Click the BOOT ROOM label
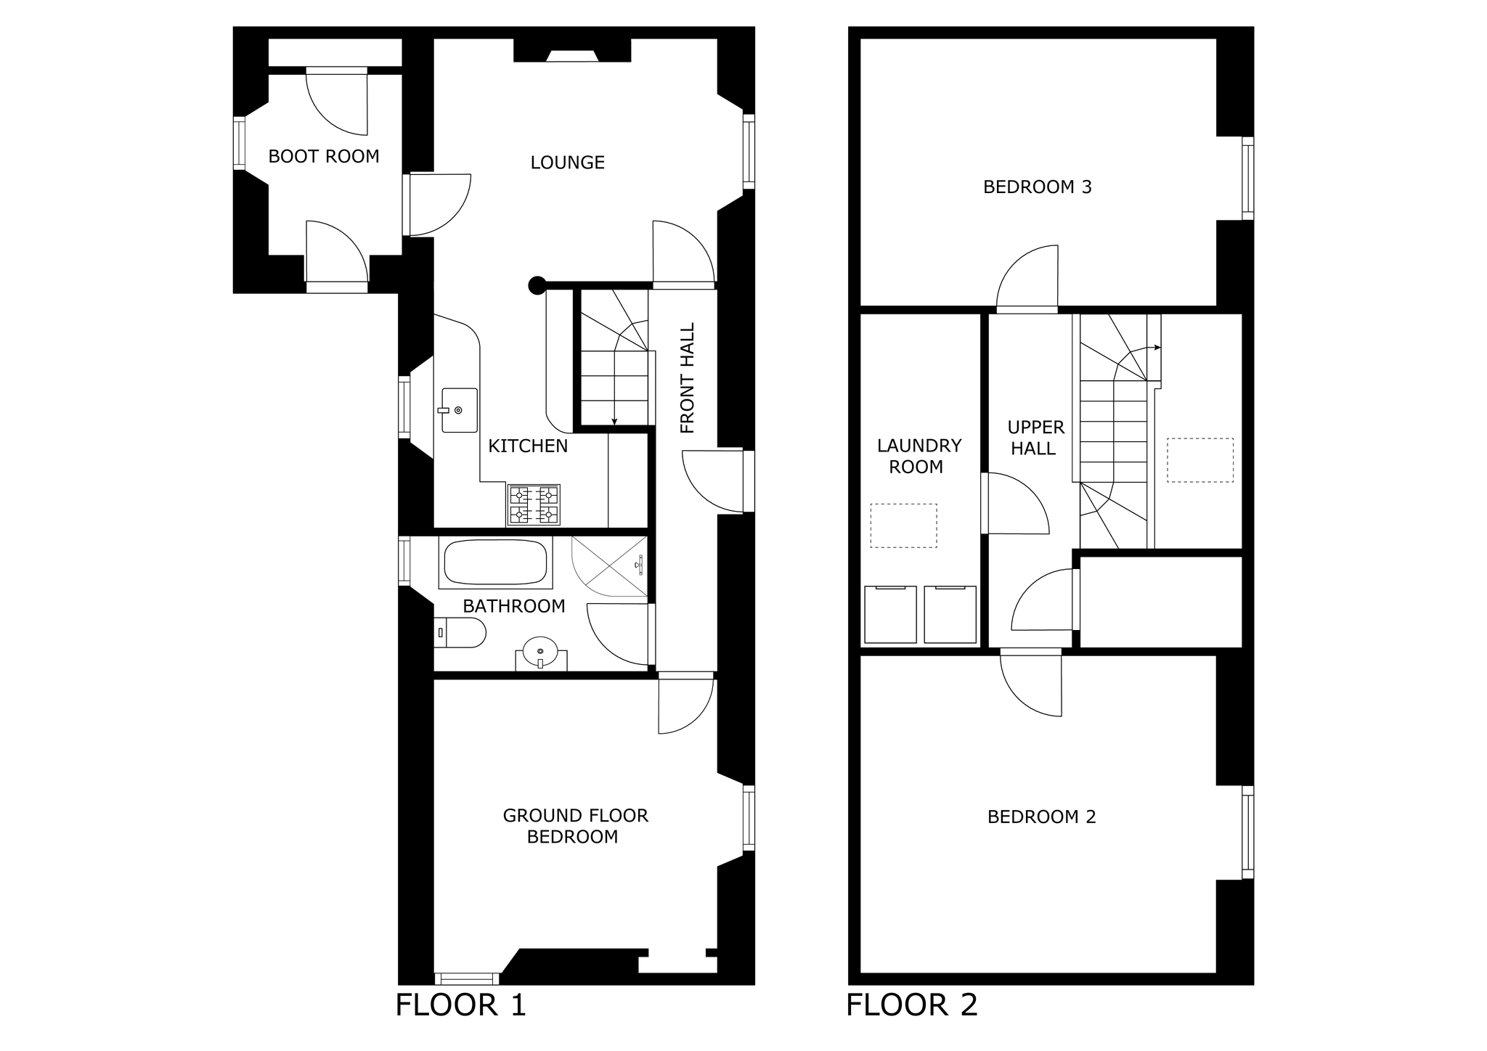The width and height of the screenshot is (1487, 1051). pyautogui.click(x=324, y=156)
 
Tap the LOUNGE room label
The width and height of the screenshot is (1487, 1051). pyautogui.click(x=568, y=163)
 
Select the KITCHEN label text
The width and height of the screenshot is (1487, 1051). pyautogui.click(x=528, y=446)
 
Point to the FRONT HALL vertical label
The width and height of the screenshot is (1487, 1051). pyautogui.click(x=687, y=378)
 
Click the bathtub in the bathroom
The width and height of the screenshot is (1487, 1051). pyautogui.click(x=496, y=563)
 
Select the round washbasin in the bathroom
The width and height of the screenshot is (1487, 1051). pyautogui.click(x=541, y=651)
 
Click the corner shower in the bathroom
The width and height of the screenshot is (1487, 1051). pyautogui.click(x=609, y=567)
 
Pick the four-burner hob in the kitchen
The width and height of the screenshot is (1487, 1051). pyautogui.click(x=534, y=505)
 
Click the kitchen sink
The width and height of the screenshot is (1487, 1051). pyautogui.click(x=460, y=410)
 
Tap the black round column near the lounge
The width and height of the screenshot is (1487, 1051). pyautogui.click(x=537, y=285)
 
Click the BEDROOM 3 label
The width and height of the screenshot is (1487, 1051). pyautogui.click(x=1038, y=187)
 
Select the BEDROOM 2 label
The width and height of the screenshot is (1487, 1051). pyautogui.click(x=1042, y=817)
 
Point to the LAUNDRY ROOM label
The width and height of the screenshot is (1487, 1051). pyautogui.click(x=918, y=456)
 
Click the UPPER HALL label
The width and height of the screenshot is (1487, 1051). pyautogui.click(x=1035, y=438)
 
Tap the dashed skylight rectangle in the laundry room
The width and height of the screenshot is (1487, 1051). pyautogui.click(x=904, y=525)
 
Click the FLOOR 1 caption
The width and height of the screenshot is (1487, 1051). pyautogui.click(x=460, y=1005)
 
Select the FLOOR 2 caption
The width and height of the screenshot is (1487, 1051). pyautogui.click(x=912, y=1005)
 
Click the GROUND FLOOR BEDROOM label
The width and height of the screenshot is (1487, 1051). pyautogui.click(x=575, y=826)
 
